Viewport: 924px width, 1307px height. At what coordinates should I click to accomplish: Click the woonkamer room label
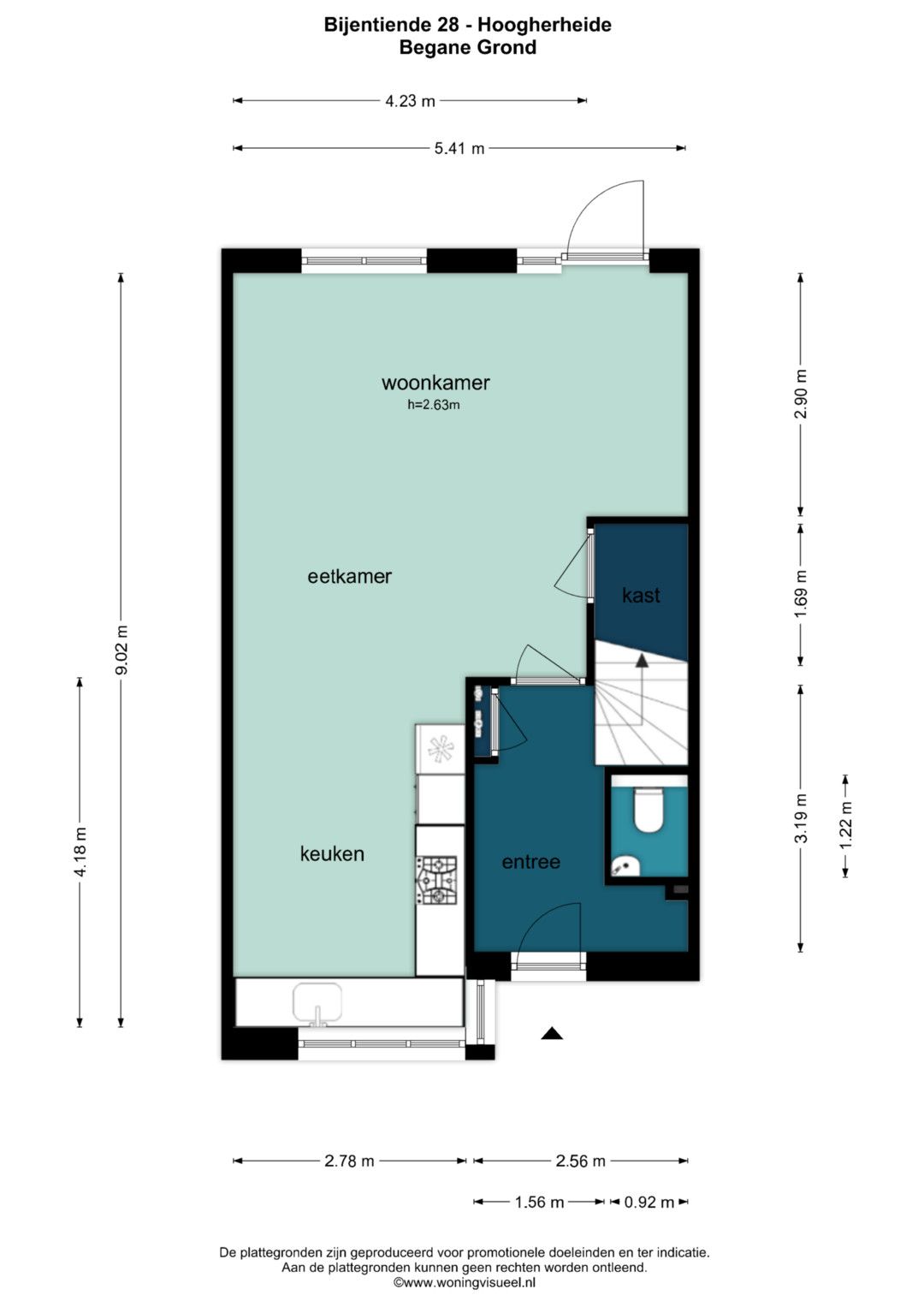(x=435, y=383)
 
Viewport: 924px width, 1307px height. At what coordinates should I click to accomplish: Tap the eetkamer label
(x=349, y=577)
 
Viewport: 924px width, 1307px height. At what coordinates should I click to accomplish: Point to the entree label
(x=530, y=862)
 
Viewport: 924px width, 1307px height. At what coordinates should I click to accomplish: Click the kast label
(x=641, y=595)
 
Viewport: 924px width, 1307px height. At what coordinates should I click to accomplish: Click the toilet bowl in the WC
(x=649, y=811)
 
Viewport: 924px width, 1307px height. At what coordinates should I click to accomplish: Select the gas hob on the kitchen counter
(x=435, y=881)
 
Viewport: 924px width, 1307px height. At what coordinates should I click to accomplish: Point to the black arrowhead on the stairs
(x=642, y=661)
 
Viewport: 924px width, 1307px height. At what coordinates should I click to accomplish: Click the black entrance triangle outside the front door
(x=551, y=1034)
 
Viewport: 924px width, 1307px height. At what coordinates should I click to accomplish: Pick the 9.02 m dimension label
(x=121, y=650)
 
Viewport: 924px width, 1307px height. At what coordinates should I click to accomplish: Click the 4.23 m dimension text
(x=410, y=101)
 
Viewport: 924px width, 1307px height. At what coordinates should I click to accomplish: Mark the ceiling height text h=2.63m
(x=434, y=405)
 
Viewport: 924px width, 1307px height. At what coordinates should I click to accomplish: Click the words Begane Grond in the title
(x=468, y=47)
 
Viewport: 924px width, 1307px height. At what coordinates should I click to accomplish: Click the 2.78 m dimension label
(x=349, y=1161)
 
